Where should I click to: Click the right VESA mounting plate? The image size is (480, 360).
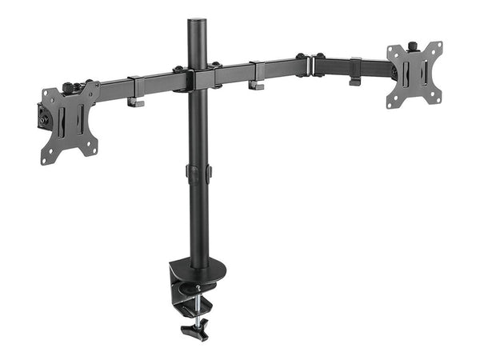414,74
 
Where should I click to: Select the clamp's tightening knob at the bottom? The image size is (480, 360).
194,327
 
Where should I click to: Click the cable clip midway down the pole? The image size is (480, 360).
198,172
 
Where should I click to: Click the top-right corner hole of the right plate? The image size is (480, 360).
437,46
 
